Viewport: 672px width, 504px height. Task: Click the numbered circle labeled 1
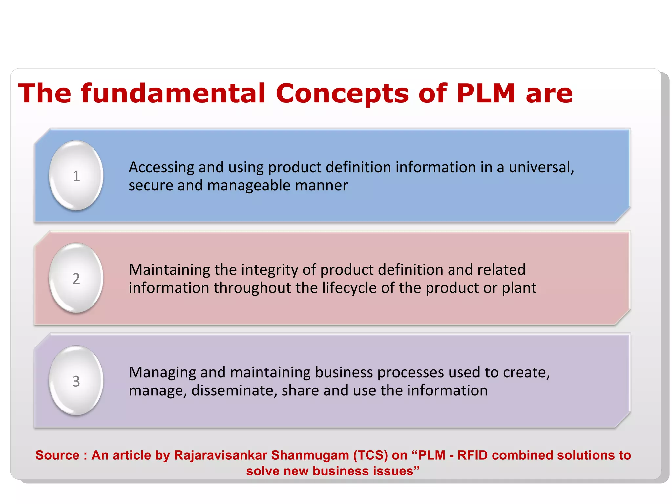pos(76,176)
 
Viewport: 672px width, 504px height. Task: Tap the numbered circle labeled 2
pos(76,278)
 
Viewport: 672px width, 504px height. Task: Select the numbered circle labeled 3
pos(76,381)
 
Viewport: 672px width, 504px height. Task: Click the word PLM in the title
pos(486,94)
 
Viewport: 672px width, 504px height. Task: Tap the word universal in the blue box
pos(541,167)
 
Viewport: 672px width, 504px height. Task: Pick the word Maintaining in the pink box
pos(169,270)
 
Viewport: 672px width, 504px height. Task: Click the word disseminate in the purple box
pos(234,390)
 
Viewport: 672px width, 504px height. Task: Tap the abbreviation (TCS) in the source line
pos(370,455)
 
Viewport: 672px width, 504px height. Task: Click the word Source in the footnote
pos(57,455)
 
